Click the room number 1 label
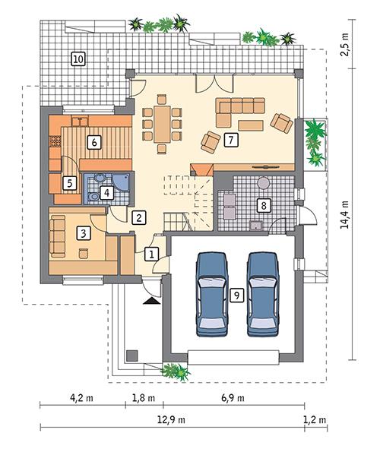click(152, 254)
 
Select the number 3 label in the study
click(84, 234)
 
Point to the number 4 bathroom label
click(107, 193)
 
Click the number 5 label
click(68, 182)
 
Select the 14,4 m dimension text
click(344, 214)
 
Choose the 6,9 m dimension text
click(233, 397)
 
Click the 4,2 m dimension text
click(81, 397)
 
